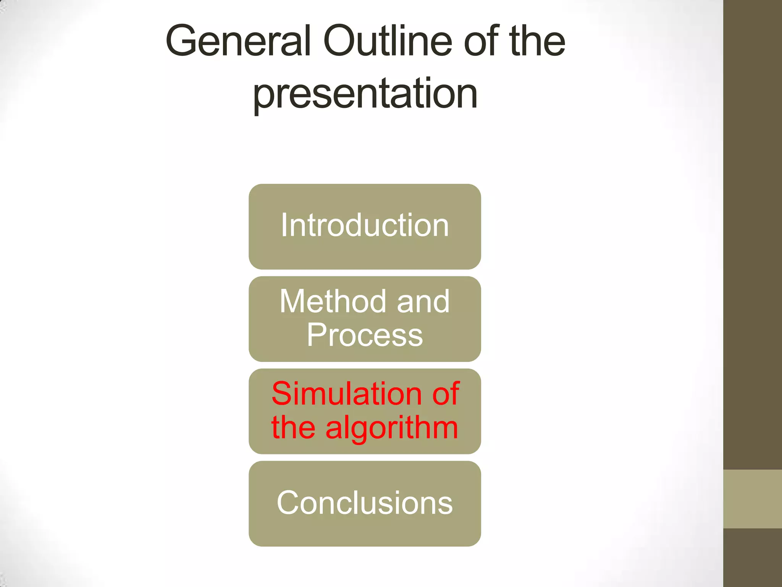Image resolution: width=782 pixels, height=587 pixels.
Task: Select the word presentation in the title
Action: pos(365,94)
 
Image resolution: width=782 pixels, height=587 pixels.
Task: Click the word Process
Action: pos(365,335)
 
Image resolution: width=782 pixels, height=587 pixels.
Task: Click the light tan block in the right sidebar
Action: pos(752,499)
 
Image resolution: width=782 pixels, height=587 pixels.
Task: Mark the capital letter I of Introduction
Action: pos(284,225)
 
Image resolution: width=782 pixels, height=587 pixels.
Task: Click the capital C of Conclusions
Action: pos(288,503)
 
